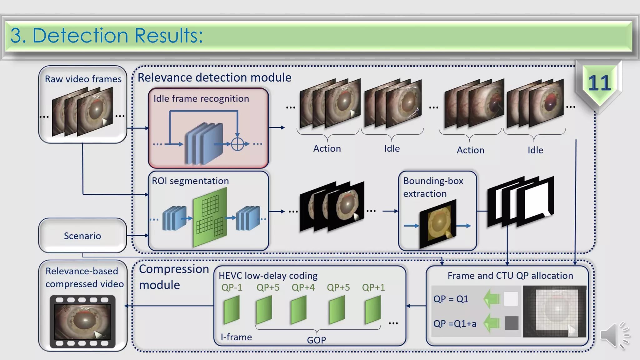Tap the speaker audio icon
614,335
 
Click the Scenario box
82,236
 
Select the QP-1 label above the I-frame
232,287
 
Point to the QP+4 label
303,287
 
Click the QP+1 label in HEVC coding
373,287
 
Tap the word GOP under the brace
316,340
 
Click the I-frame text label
236,337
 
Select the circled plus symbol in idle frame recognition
237,144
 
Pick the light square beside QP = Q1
511,299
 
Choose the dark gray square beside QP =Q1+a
511,323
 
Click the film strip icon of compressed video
82,322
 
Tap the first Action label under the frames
327,148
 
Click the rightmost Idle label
535,150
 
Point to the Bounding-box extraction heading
433,187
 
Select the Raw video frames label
83,79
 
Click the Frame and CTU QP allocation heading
510,276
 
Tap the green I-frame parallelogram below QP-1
232,309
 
